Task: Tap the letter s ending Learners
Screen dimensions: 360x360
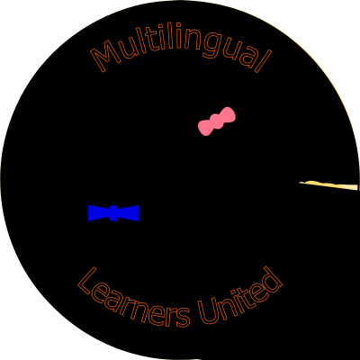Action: [x=183, y=317]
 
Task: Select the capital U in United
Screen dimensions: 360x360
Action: [x=208, y=312]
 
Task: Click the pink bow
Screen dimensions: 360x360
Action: [x=217, y=121]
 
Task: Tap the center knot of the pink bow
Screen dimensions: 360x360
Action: [x=217, y=121]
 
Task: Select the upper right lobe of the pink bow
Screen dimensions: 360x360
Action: [x=228, y=114]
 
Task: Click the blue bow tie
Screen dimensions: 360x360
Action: [x=113, y=213]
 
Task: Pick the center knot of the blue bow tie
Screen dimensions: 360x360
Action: [x=113, y=213]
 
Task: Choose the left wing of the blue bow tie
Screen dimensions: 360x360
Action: [x=99, y=213]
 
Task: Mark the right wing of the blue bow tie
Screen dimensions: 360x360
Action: [x=129, y=213]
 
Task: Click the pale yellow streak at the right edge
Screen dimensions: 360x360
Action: [x=328, y=185]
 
